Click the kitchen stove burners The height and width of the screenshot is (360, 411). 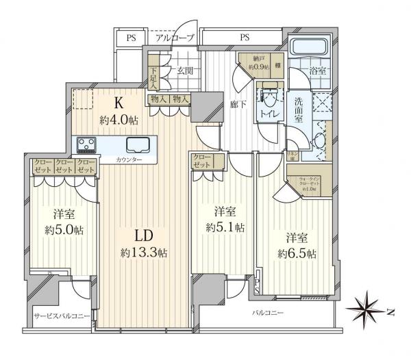coord(88,144)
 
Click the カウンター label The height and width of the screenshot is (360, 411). coord(129,159)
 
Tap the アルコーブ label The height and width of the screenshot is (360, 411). coord(175,38)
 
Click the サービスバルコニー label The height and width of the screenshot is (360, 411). coord(63,317)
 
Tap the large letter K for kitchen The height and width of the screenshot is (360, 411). coord(118,105)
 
